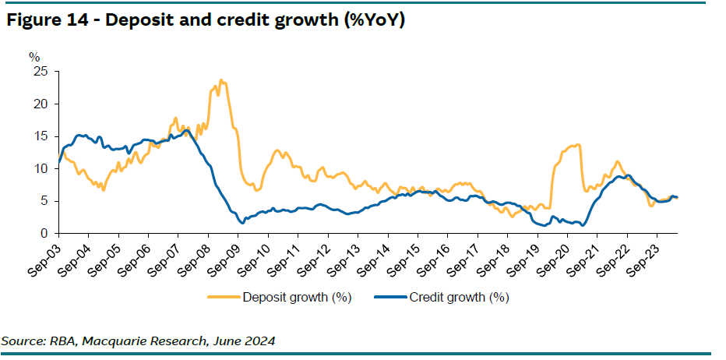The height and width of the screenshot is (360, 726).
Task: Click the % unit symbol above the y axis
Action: [34, 57]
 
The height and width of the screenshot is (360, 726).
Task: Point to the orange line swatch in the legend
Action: [224, 297]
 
